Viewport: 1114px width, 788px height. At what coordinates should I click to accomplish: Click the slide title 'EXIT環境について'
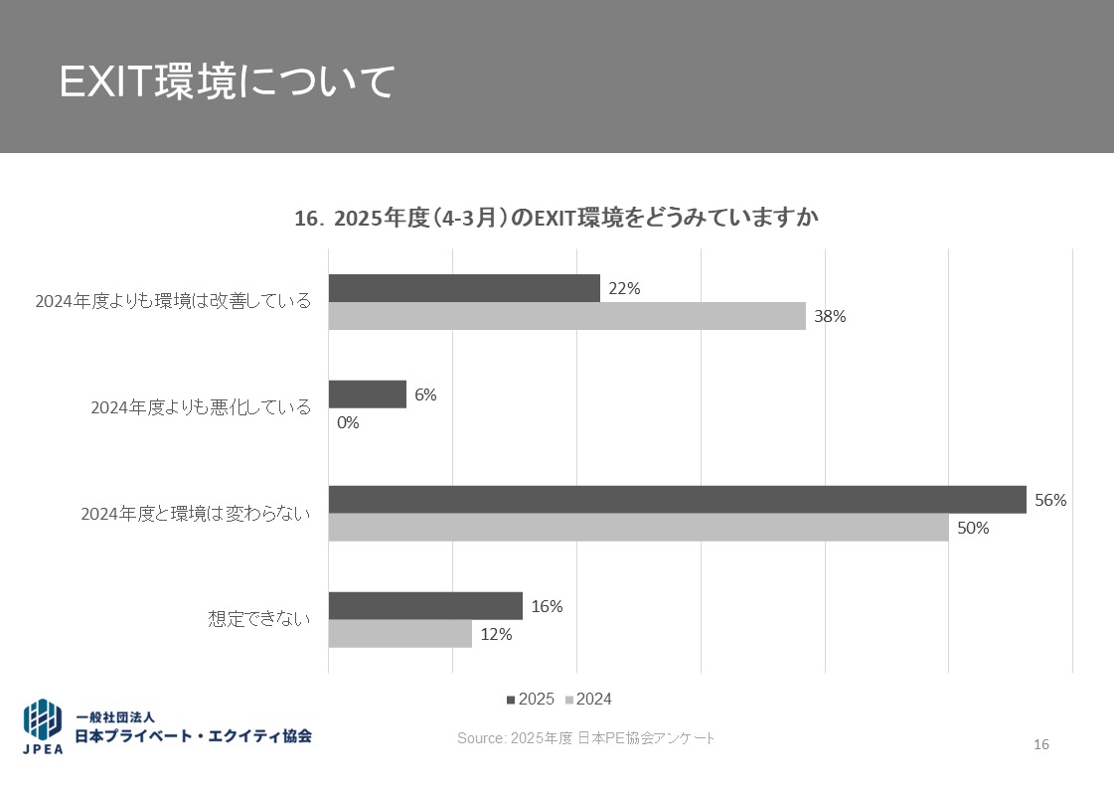(228, 82)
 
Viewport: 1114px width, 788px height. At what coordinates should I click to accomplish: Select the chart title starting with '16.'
(557, 219)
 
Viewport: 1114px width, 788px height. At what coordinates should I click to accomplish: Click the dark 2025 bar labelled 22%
(464, 288)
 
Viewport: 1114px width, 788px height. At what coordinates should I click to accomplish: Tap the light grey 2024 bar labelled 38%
(566, 316)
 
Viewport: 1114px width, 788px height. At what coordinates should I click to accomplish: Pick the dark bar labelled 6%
(367, 394)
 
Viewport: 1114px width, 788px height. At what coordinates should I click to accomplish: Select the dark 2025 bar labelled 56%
(677, 500)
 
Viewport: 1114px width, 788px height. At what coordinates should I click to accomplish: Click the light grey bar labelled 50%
(638, 528)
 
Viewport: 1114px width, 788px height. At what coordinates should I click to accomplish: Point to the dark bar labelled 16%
(425, 606)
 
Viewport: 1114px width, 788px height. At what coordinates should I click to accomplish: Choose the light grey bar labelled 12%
(399, 634)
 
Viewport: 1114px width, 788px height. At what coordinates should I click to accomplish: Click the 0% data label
(348, 422)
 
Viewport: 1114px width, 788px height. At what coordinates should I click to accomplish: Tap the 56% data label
(1050, 501)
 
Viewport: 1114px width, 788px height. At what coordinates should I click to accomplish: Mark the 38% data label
(830, 317)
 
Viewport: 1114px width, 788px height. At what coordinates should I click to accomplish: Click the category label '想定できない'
(259, 619)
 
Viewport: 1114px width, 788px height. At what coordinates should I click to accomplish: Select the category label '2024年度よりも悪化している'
(201, 407)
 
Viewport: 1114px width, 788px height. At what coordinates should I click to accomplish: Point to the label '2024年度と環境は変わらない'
(196, 514)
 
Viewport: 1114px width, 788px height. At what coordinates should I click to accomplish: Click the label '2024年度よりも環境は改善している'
(173, 301)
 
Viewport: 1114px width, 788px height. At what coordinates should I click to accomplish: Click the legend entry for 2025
(531, 700)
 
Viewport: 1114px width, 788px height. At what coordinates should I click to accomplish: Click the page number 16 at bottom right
(1041, 745)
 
